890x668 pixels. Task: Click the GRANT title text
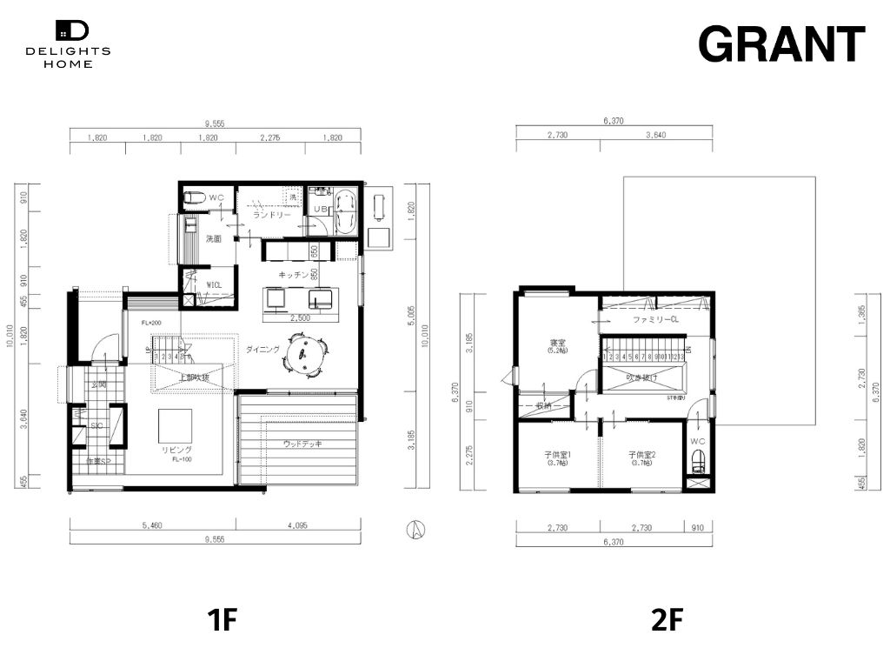(x=781, y=43)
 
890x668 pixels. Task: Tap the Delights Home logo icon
(x=72, y=30)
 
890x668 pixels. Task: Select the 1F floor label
(x=222, y=620)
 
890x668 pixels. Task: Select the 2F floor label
(x=667, y=620)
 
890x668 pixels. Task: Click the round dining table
(x=305, y=354)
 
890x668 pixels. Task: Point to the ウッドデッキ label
(x=303, y=444)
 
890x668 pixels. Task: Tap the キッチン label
(x=291, y=274)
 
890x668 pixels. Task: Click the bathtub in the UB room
(x=345, y=212)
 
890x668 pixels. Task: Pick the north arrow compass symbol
(x=417, y=528)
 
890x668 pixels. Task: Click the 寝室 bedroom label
(x=557, y=343)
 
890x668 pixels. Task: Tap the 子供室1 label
(x=556, y=455)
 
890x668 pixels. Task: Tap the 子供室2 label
(x=641, y=455)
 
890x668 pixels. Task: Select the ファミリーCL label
(x=655, y=320)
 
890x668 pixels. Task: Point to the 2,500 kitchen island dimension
(x=301, y=317)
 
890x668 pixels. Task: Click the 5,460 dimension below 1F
(x=151, y=524)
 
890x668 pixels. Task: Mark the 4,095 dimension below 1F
(x=296, y=524)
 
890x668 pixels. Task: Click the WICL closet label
(x=214, y=284)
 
